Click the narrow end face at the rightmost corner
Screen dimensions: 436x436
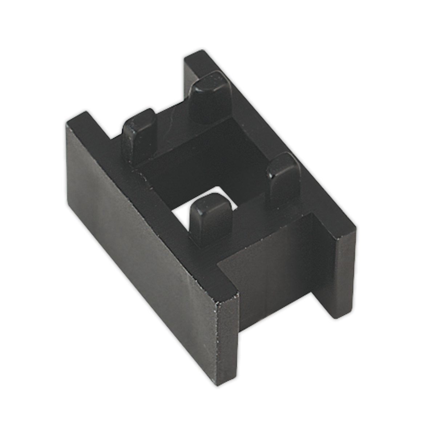pyautogui.click(x=345, y=276)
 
